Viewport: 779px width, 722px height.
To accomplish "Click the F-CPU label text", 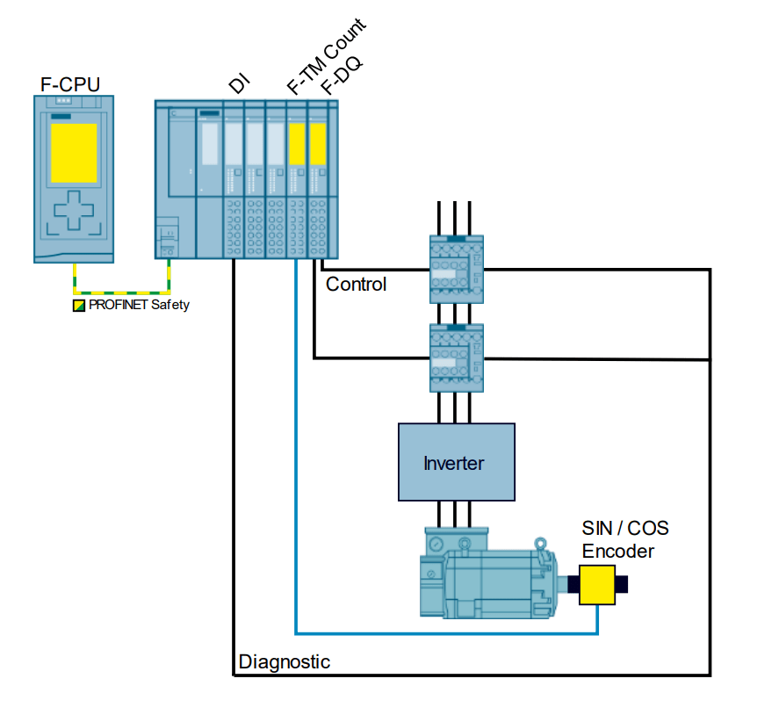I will coord(70,84).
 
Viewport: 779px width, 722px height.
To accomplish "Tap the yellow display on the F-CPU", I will coord(73,152).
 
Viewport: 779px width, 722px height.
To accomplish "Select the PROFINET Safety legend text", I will coord(139,306).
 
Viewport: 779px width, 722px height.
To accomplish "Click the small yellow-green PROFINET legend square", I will coord(79,306).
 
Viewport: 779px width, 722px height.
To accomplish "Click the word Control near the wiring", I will coord(356,285).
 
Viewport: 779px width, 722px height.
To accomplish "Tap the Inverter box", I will coord(454,462).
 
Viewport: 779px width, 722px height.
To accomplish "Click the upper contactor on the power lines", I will coord(455,269).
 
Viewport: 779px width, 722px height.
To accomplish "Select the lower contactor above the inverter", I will coord(455,357).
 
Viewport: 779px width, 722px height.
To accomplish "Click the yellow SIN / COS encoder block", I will coord(597,585).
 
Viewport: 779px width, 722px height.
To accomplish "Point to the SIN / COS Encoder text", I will coord(624,539).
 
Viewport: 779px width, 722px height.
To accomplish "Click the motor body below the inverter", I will coord(492,580).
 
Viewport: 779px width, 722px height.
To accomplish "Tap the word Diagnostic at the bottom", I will coord(285,661).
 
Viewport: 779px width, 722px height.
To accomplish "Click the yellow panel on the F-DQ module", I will coord(318,143).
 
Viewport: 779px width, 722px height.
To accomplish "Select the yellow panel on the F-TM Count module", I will coord(297,143).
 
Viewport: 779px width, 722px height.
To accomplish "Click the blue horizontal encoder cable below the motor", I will coord(439,632).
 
